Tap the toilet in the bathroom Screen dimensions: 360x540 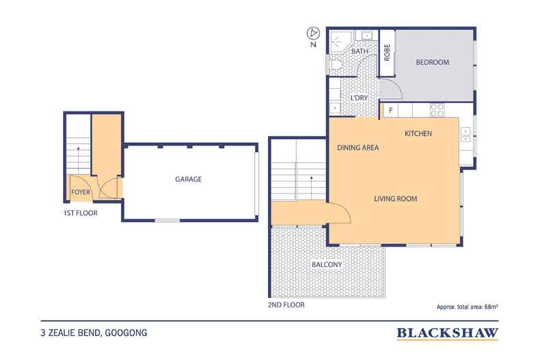[336, 66]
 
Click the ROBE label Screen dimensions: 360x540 [387, 53]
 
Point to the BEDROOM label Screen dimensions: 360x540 [433, 62]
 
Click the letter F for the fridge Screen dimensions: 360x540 [390, 110]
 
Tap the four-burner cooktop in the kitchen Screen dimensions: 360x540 [436, 109]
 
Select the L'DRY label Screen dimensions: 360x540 [360, 98]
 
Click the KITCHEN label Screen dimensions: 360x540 [418, 133]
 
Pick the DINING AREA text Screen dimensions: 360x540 [357, 148]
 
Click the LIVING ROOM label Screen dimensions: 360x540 [395, 199]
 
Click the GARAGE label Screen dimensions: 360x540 [188, 179]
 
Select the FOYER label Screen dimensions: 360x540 [81, 193]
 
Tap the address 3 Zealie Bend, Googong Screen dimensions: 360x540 [94, 333]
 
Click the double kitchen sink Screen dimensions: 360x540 [465, 134]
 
